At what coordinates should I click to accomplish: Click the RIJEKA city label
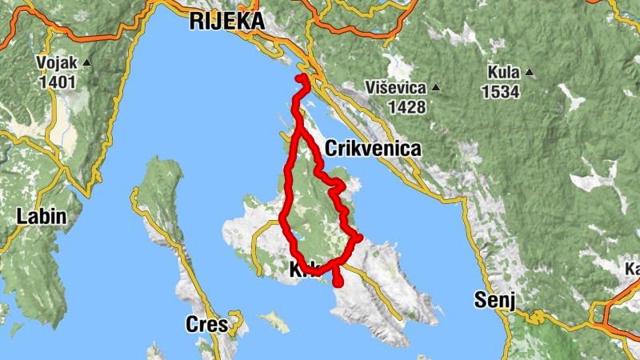tap(226, 22)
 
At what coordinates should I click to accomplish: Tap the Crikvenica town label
tap(373, 149)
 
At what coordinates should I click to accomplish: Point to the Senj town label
tap(493, 300)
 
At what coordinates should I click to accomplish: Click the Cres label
tap(206, 324)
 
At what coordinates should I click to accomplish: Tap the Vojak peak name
tap(55, 63)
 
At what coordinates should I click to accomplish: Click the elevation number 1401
tap(55, 81)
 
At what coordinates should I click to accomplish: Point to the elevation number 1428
tap(407, 106)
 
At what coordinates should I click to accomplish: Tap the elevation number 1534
tap(501, 91)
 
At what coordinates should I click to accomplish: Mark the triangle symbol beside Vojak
tap(87, 62)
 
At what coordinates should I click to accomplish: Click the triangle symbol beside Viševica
tap(436, 87)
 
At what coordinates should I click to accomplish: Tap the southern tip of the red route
tap(338, 282)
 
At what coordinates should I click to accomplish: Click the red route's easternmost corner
tap(359, 237)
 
